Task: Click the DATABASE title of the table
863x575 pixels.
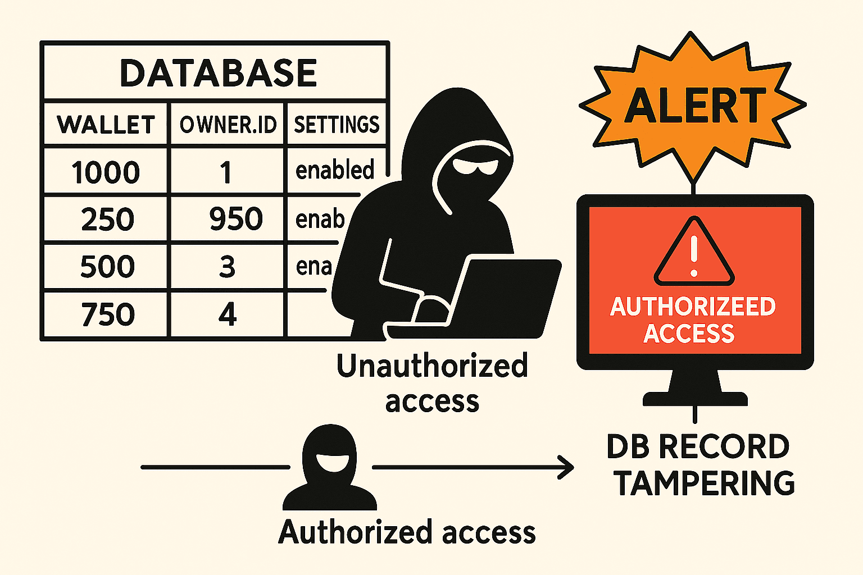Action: [x=218, y=73]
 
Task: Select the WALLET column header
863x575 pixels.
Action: [x=106, y=125]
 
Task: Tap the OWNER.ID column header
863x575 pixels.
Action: [x=228, y=125]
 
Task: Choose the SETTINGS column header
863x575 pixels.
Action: [x=337, y=125]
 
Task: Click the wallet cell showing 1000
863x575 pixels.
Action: [x=106, y=172]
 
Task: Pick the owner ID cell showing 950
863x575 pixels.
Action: [x=236, y=219]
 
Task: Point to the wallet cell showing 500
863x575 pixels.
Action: [x=107, y=267]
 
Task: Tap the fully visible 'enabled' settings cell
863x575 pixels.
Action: [x=335, y=170]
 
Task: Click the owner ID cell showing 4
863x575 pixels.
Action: [x=228, y=314]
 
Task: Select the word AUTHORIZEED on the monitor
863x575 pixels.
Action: [x=693, y=307]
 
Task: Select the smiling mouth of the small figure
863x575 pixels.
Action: [x=329, y=462]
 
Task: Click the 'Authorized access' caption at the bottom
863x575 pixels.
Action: [x=407, y=532]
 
